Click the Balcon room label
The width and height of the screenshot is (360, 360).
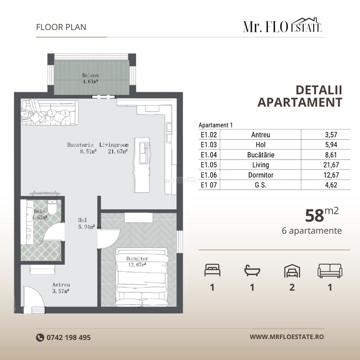coord(90,75)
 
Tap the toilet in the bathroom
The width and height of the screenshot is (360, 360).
coord(52,207)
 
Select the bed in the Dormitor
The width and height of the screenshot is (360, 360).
coord(142,277)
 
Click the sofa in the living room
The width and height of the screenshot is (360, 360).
coord(50,112)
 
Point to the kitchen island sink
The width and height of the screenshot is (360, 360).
coord(143,153)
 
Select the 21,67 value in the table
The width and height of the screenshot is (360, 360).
coord(331,165)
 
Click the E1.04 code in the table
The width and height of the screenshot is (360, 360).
coord(209,155)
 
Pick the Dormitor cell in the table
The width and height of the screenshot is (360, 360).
coord(261,175)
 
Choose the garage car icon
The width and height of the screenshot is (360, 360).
coord(292,271)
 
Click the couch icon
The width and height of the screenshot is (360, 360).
coord(330,271)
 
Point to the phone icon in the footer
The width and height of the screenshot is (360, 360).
coord(40,337)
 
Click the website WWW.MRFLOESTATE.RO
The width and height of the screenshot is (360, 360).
coord(287,337)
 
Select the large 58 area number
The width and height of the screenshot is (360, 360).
coord(314,216)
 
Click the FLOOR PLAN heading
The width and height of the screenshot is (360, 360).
coord(61,27)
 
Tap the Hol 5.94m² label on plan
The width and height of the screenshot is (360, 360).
coord(86,223)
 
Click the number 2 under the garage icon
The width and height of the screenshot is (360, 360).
coord(292,287)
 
